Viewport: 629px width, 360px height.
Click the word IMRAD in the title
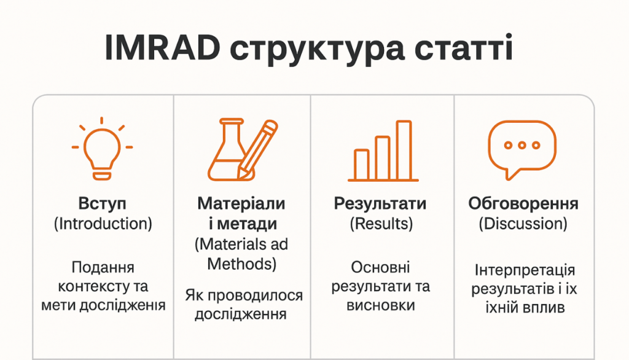point(162,47)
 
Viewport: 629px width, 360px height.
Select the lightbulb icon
point(102,149)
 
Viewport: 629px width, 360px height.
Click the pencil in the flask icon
point(257,149)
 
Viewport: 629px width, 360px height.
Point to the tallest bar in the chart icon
point(404,150)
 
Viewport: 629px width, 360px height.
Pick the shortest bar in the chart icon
point(361,165)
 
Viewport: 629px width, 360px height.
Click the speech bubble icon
point(522,149)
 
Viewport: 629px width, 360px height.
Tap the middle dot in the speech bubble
point(522,145)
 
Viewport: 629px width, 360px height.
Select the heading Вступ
point(103,203)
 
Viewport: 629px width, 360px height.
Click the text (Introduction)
point(103,224)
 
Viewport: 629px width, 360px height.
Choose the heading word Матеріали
point(241,203)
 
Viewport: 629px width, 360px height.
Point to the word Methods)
point(242,264)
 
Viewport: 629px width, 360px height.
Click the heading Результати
point(380,203)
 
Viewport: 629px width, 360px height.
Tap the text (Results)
point(381,224)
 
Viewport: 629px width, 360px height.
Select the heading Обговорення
point(523,203)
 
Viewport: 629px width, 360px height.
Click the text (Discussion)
point(523,224)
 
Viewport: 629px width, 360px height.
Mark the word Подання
point(103,268)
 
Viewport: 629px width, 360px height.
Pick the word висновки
point(381,305)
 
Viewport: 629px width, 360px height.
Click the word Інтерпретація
point(525,270)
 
